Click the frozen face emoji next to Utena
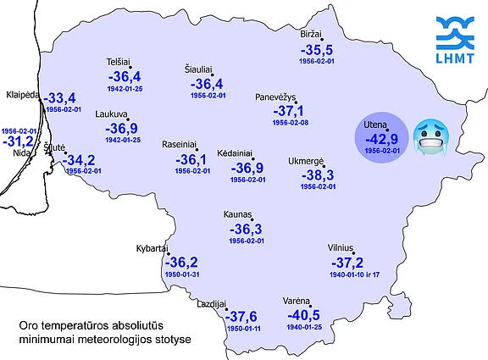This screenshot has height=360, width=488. pos(430,138)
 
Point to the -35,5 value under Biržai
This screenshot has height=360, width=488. pos(317,50)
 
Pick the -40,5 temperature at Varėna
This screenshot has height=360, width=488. pos(305,314)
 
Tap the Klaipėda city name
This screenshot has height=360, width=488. pos(24,94)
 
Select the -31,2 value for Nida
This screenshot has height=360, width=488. pos(18,141)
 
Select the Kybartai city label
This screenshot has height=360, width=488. pos(152,249)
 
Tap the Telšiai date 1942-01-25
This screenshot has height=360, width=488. pos(125,89)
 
